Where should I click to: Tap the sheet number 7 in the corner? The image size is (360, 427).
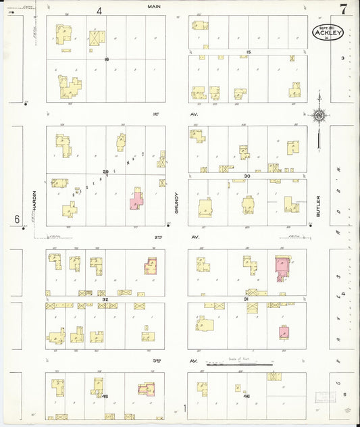344,9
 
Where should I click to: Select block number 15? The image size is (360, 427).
249,52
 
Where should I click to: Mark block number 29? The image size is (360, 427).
105,172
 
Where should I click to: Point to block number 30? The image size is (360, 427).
248,176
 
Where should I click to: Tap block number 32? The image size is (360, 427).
105,298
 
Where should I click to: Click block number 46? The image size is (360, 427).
247,397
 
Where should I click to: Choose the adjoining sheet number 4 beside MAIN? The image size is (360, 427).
99,10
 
